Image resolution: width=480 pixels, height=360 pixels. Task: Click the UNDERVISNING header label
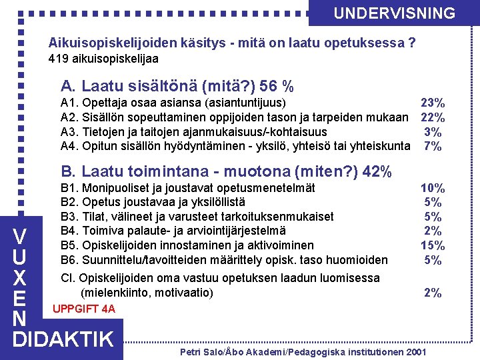coord(394,13)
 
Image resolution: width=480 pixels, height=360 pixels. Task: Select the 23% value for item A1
coord(433,103)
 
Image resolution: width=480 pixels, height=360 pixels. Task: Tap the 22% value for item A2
coord(433,117)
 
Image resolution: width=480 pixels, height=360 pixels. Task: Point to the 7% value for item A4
coord(433,146)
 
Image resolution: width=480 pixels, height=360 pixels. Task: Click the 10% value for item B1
coord(433,188)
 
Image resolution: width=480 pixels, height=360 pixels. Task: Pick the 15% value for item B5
coord(433,245)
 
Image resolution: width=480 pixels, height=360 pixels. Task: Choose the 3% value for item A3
coord(433,132)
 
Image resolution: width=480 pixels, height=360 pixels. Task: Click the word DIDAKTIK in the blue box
coord(64,339)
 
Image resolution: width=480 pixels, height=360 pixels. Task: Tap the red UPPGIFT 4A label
coord(83,309)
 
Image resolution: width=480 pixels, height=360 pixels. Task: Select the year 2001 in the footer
coord(415,351)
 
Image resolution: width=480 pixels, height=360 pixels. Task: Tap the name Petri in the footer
coord(191,351)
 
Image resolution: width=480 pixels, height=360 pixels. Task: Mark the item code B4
coord(69,231)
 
